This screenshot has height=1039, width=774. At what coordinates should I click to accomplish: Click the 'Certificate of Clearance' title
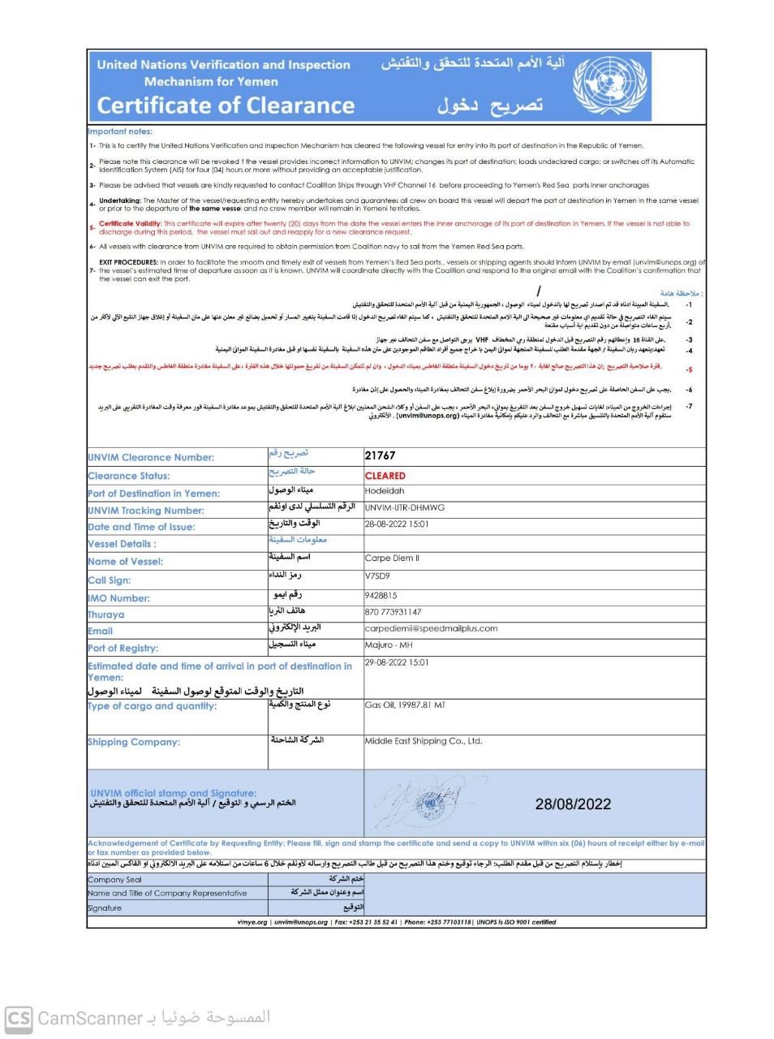226,106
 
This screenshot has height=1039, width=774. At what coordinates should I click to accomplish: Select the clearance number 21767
381,456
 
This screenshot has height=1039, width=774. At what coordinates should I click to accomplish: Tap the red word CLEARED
385,476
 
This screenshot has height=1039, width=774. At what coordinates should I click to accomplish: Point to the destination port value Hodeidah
385,491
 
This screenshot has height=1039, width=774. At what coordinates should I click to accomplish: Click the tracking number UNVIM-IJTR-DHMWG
405,507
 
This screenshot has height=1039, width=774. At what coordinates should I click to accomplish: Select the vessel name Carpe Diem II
392,558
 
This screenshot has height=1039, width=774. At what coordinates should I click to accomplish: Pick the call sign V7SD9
377,576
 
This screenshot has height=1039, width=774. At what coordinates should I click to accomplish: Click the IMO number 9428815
381,595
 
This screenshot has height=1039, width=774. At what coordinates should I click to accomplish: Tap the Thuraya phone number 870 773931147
393,612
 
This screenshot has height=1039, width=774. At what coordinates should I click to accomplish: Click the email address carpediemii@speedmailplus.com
431,628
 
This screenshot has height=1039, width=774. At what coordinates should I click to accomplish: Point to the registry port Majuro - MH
389,645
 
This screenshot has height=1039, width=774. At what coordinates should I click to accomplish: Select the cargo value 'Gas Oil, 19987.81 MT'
405,705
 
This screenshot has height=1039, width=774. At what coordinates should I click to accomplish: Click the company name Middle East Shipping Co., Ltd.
424,741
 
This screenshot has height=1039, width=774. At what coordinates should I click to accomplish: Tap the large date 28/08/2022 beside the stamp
573,804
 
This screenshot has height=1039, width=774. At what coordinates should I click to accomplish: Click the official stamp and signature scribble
422,803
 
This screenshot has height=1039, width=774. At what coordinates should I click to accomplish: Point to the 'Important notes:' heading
120,131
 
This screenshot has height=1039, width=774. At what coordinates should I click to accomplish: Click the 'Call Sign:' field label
110,580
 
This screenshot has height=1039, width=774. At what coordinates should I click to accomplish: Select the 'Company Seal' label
114,880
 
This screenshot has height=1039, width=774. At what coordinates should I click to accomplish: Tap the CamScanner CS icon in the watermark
19,1018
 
